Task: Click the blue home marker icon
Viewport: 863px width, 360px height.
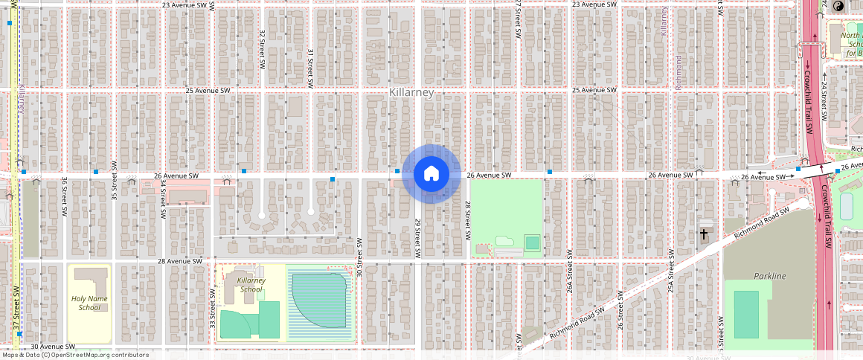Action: (x=431, y=174)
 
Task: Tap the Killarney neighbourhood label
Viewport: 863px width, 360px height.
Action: (x=411, y=92)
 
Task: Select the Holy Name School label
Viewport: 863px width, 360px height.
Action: (x=89, y=303)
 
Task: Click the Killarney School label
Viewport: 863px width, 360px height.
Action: (x=251, y=284)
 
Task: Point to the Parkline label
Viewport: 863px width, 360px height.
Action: (x=769, y=276)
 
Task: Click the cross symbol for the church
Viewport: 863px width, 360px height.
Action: (x=704, y=234)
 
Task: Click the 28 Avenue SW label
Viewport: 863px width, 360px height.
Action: (x=180, y=261)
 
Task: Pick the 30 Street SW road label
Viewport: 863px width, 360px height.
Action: (x=359, y=257)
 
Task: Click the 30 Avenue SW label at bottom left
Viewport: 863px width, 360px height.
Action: (x=54, y=347)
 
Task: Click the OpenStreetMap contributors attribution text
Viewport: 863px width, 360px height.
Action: (x=75, y=355)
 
